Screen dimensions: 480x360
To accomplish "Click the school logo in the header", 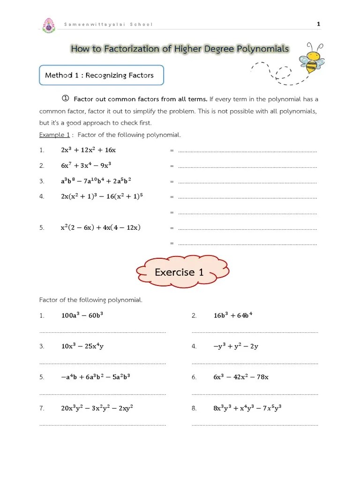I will point(48,26).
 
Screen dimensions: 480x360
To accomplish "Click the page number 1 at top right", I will point(319,24).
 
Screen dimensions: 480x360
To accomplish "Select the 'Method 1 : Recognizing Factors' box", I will point(101,75).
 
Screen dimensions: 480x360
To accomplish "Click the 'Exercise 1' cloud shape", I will point(182,272).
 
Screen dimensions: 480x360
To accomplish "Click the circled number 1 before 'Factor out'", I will point(66,98).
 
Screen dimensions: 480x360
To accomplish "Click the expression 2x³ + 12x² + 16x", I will point(88,150).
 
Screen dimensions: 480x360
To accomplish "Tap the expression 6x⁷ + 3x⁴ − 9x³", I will point(86,165).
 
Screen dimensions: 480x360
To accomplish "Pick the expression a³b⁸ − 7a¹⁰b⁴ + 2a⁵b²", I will point(96,181).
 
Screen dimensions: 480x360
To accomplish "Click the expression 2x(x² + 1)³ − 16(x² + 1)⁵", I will point(102,196).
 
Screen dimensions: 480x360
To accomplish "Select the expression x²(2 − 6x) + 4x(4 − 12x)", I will point(101,228).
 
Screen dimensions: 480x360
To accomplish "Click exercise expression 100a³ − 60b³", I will point(82,315).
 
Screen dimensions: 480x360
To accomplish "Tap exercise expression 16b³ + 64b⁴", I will point(233,315).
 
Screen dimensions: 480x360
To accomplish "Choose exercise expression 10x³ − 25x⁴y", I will point(82,346).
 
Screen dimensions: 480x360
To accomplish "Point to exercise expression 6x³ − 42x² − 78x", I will point(241,377).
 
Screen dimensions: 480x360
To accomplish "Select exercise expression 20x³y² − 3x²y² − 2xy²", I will point(97,408).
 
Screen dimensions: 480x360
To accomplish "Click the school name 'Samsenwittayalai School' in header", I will point(108,24).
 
